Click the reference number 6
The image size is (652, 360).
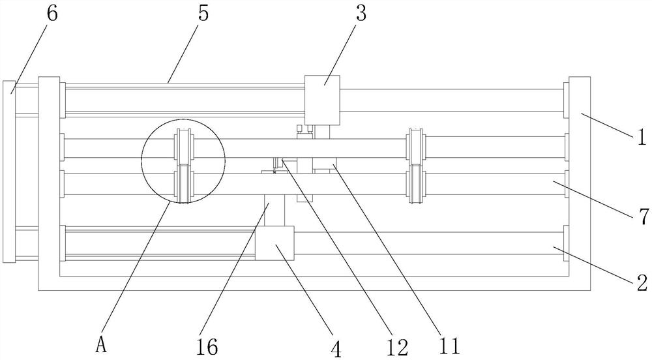pos(52,14)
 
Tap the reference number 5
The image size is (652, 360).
pos(203,14)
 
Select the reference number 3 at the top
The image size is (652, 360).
pos(361,14)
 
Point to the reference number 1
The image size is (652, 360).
pos(642,137)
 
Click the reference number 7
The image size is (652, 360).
pos(642,217)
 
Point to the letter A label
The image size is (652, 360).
pos(101,344)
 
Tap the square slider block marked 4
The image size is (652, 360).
pos(274,243)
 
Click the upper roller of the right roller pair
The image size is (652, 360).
pos(415,147)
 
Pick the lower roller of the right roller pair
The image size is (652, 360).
pos(415,185)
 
